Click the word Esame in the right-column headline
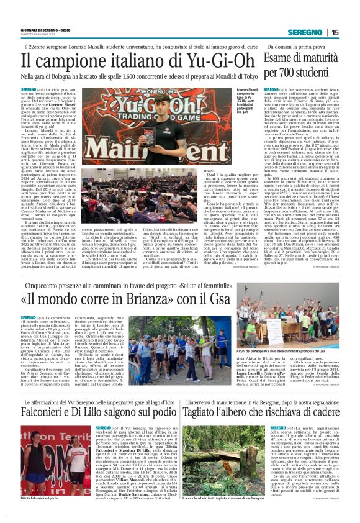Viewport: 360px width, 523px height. (283, 59)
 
